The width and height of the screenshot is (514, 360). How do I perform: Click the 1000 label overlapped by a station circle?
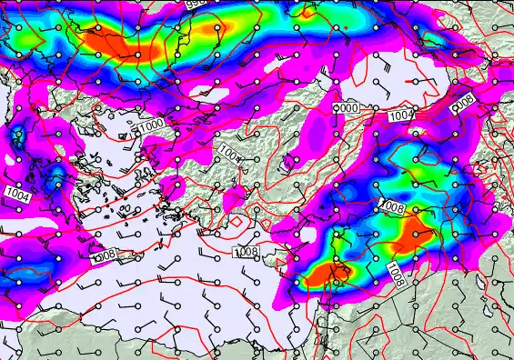348,108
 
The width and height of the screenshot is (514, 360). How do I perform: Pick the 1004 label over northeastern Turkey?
401,115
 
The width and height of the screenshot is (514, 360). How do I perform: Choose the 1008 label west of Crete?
106,256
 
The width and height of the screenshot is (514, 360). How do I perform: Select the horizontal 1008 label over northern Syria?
392,208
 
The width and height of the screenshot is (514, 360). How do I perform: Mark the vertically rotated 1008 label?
394,272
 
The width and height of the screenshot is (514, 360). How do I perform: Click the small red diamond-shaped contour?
237,221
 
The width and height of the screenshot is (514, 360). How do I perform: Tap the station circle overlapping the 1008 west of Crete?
96,257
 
